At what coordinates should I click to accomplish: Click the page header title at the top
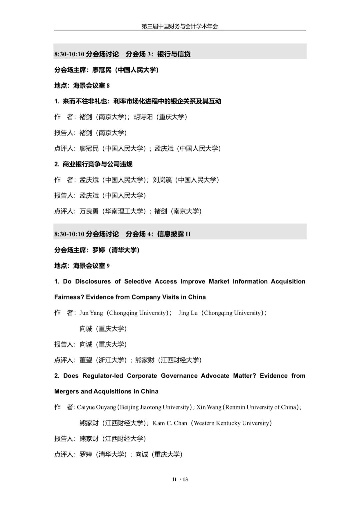click(180, 26)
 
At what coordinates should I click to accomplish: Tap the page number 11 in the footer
click(174, 479)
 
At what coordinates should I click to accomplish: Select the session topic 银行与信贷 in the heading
click(174, 54)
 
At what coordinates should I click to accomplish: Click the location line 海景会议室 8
click(82, 86)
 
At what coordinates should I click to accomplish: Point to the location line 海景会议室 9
click(82, 266)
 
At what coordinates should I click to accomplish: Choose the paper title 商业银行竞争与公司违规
click(97, 164)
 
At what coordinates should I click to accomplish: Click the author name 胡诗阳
click(143, 117)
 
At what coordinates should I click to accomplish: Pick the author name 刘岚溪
click(162, 180)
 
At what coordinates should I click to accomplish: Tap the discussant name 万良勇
click(89, 211)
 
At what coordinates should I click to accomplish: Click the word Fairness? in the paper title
click(68, 297)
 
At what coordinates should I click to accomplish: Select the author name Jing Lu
click(188, 313)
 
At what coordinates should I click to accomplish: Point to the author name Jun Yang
click(91, 313)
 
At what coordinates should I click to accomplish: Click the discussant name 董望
click(86, 360)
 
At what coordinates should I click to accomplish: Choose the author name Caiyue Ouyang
click(96, 407)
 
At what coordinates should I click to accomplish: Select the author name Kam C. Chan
click(170, 423)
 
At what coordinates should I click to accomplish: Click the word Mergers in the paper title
click(66, 391)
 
